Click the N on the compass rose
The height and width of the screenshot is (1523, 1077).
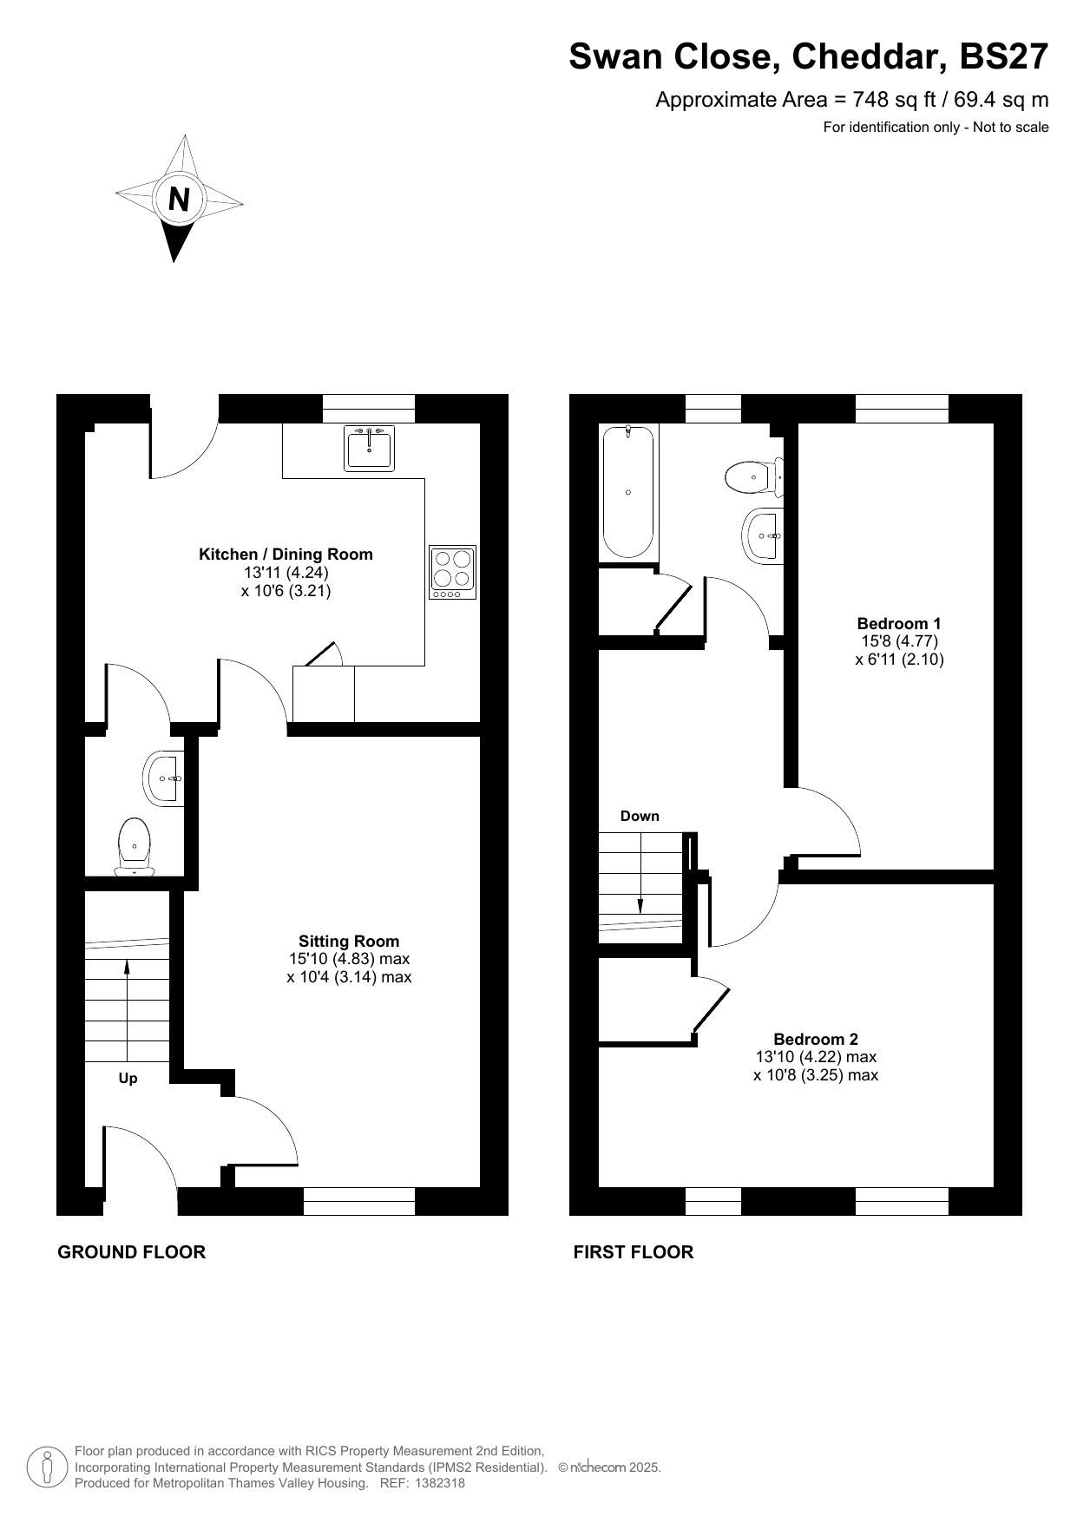click(x=179, y=200)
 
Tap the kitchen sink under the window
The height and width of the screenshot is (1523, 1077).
click(x=369, y=448)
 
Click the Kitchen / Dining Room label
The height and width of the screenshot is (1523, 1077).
click(x=286, y=555)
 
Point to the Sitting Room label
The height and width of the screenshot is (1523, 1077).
click(x=349, y=942)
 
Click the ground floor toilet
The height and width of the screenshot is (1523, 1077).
click(x=134, y=846)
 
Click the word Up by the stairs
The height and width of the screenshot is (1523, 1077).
click(x=128, y=1079)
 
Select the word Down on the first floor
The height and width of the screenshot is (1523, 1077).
click(x=640, y=817)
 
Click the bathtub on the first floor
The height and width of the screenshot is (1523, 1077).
click(x=628, y=491)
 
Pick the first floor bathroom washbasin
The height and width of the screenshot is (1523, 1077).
click(x=764, y=535)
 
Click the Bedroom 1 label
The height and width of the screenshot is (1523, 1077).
click(x=899, y=623)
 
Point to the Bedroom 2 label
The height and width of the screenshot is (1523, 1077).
click(x=816, y=1040)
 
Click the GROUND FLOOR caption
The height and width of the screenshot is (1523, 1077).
click(x=132, y=1252)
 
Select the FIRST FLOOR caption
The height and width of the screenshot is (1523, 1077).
click(x=634, y=1252)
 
